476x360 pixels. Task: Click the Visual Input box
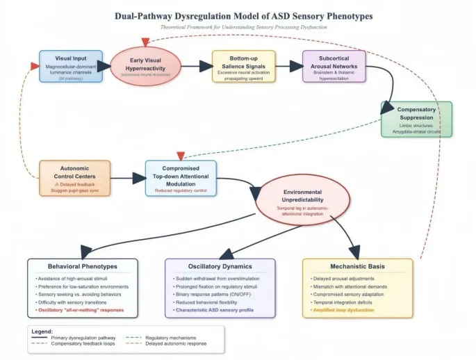pyautogui.click(x=71, y=66)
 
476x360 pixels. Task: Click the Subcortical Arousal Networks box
pyautogui.click(x=334, y=66)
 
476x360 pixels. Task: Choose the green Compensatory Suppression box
pyautogui.click(x=416, y=119)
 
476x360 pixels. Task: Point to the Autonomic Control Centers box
pyautogui.click(x=74, y=178)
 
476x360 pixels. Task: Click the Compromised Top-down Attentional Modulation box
pyautogui.click(x=181, y=178)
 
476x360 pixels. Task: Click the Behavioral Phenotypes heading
pyautogui.click(x=82, y=266)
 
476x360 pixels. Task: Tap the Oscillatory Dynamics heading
pyautogui.click(x=220, y=266)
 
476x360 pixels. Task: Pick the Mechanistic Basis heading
pyautogui.click(x=357, y=266)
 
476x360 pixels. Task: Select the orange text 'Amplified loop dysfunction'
pyautogui.click(x=344, y=310)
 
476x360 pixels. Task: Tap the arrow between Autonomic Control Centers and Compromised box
pyautogui.click(x=128, y=178)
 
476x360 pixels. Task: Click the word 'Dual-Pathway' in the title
pyautogui.click(x=142, y=15)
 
